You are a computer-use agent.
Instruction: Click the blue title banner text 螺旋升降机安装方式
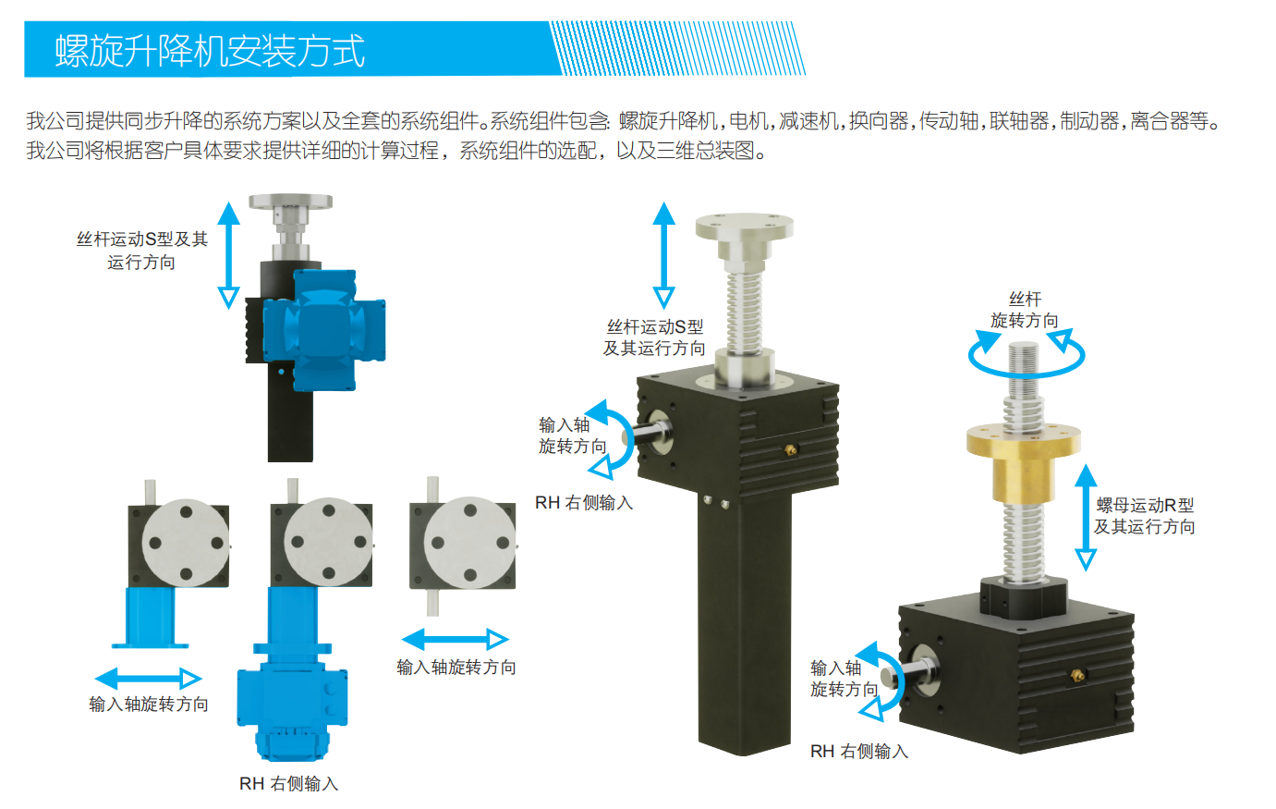coord(210,51)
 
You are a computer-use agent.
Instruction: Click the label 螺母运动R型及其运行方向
coord(1144,515)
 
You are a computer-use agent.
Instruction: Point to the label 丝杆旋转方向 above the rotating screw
coord(1024,310)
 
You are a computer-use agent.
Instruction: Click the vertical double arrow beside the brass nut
coord(1086,517)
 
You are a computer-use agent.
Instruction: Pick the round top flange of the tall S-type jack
coord(744,227)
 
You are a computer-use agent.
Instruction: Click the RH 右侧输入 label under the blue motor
coord(289,784)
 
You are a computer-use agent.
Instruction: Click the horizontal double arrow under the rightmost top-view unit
coord(456,639)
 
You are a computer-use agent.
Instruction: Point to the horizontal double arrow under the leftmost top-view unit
coord(148,679)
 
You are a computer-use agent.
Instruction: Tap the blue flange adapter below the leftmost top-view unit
coord(151,618)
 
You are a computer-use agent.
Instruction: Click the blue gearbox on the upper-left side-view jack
coord(324,330)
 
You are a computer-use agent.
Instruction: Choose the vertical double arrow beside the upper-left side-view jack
coord(229,255)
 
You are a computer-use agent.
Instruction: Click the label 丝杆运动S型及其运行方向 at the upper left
coord(142,251)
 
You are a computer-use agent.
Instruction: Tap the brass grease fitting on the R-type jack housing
coord(1077,676)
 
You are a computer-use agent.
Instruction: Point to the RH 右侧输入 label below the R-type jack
coord(859,752)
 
